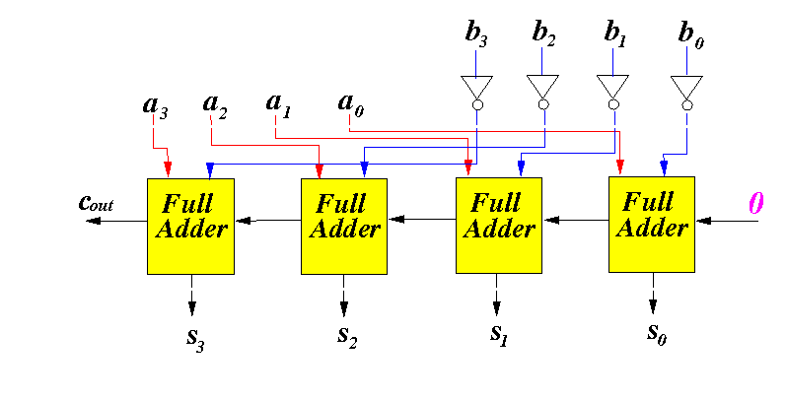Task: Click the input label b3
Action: click(476, 34)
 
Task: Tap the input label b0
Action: click(690, 34)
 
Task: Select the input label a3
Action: click(155, 106)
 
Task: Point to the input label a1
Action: click(278, 104)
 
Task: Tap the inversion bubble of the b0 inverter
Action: click(687, 105)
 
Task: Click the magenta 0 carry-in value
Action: click(755, 203)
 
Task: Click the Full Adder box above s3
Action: click(190, 227)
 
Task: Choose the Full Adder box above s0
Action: click(652, 225)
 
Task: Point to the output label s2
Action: click(347, 337)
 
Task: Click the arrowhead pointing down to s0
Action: click(653, 305)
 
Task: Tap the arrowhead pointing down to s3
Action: click(191, 307)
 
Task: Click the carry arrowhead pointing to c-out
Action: click(93, 221)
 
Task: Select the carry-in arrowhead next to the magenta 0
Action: click(704, 221)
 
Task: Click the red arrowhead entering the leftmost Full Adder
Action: click(168, 168)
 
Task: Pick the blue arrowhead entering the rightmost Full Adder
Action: click(664, 167)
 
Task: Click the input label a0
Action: click(351, 104)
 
